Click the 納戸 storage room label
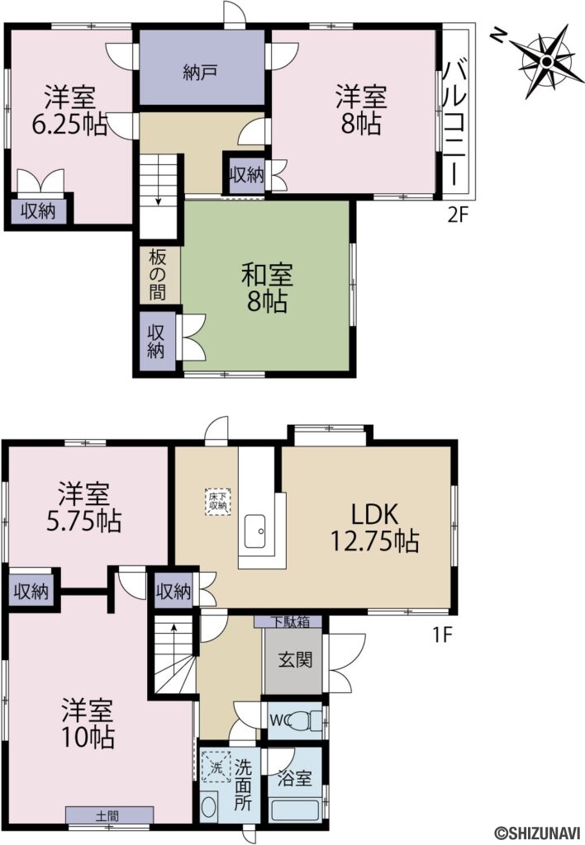click(200, 73)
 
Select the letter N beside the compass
click(498, 35)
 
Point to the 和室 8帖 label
click(267, 288)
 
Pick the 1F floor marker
click(441, 635)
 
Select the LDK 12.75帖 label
click(374, 527)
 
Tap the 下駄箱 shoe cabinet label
click(289, 621)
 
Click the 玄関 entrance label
click(295, 659)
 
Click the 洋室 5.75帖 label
click(83, 507)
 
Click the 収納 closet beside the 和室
click(156, 341)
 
